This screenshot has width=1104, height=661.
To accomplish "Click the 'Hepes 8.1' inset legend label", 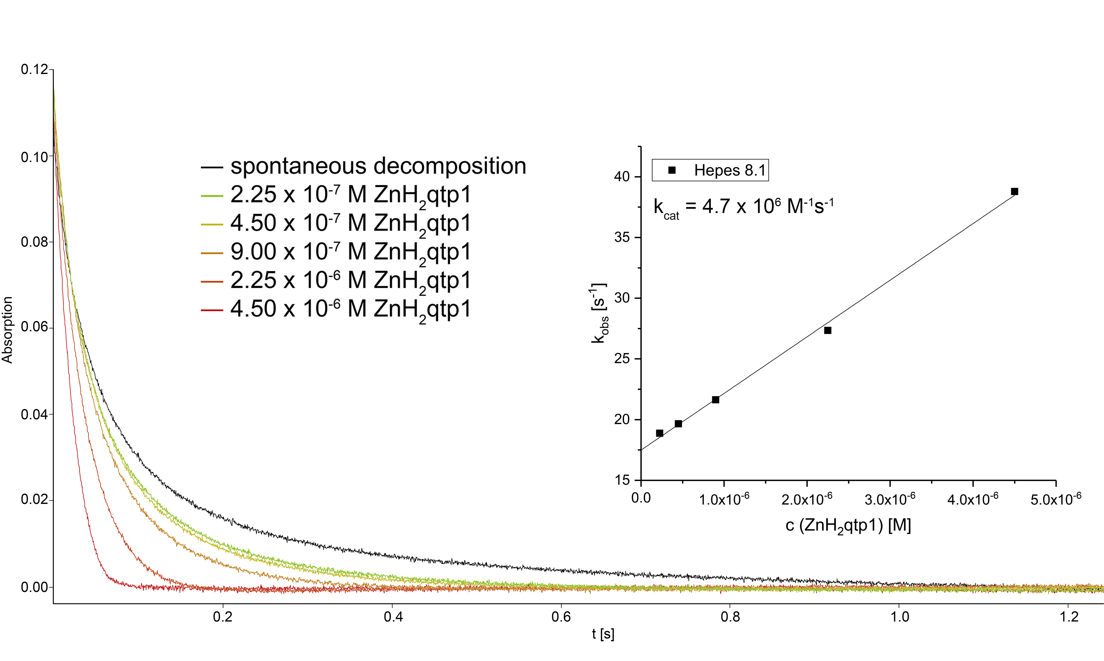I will [x=730, y=170].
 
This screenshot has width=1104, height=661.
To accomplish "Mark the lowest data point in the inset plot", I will [x=660, y=433].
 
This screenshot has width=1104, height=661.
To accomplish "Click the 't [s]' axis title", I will [x=603, y=634].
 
